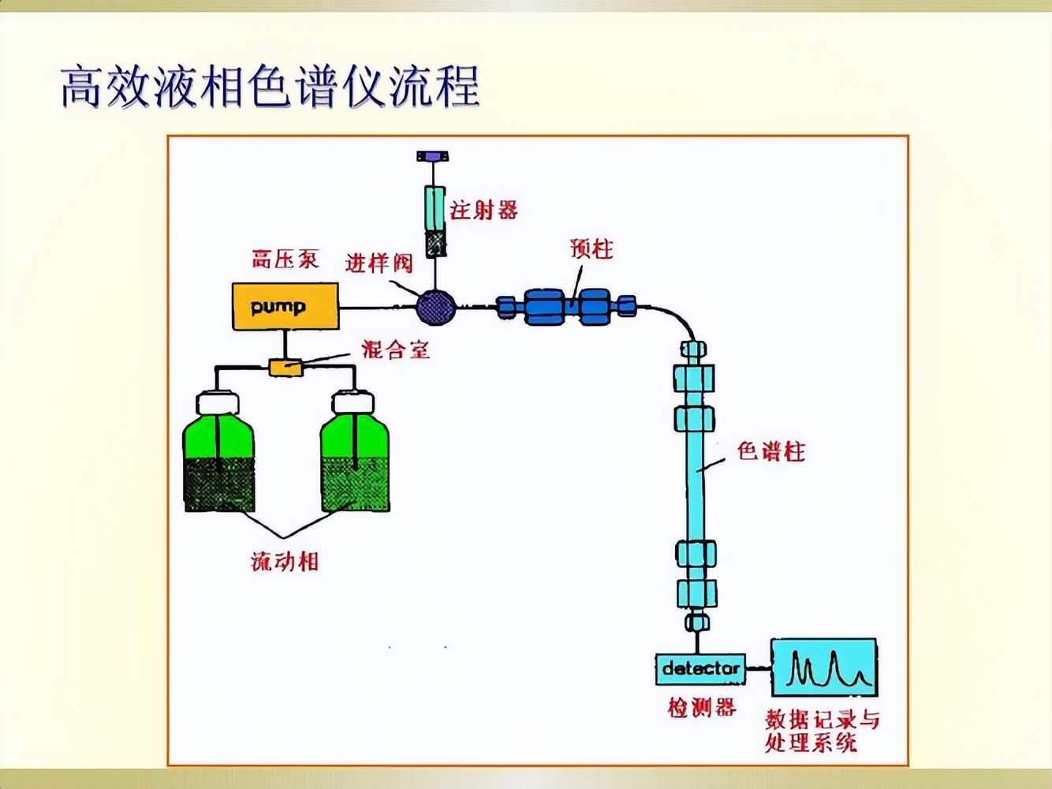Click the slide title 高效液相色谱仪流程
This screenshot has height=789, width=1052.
pyautogui.click(x=270, y=87)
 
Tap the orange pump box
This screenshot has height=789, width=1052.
pyautogui.click(x=285, y=307)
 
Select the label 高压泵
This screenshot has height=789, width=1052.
pyautogui.click(x=285, y=259)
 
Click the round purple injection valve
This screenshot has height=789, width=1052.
pyautogui.click(x=435, y=307)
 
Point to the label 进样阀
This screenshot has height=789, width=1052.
pyautogui.click(x=379, y=263)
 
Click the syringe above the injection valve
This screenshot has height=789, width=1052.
pyautogui.click(x=435, y=221)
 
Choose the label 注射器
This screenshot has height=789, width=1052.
pyautogui.click(x=484, y=210)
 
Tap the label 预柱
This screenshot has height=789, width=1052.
pyautogui.click(x=591, y=249)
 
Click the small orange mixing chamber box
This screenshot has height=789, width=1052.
pyautogui.click(x=285, y=367)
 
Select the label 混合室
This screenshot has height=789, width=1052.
pyautogui.click(x=395, y=349)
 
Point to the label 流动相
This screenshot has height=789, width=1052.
pyautogui.click(x=285, y=562)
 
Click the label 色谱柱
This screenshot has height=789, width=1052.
pyautogui.click(x=771, y=451)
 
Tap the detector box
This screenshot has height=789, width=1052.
pyautogui.click(x=700, y=669)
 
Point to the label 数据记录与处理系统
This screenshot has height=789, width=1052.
pyautogui.click(x=822, y=731)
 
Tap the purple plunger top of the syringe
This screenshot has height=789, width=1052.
pyautogui.click(x=433, y=157)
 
